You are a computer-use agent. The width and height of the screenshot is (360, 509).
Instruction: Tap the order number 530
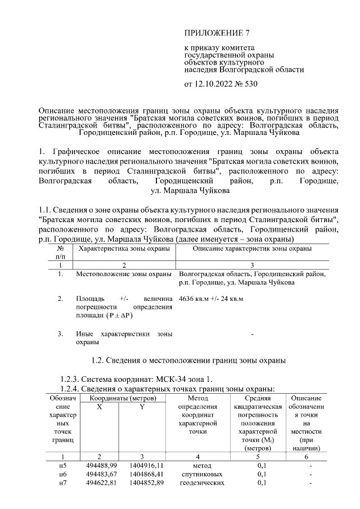click(x=259, y=85)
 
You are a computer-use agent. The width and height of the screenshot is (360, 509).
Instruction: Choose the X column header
click(x=99, y=407)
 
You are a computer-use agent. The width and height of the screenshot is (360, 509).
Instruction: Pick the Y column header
click(x=142, y=407)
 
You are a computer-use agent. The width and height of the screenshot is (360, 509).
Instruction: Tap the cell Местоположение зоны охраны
click(x=123, y=274)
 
